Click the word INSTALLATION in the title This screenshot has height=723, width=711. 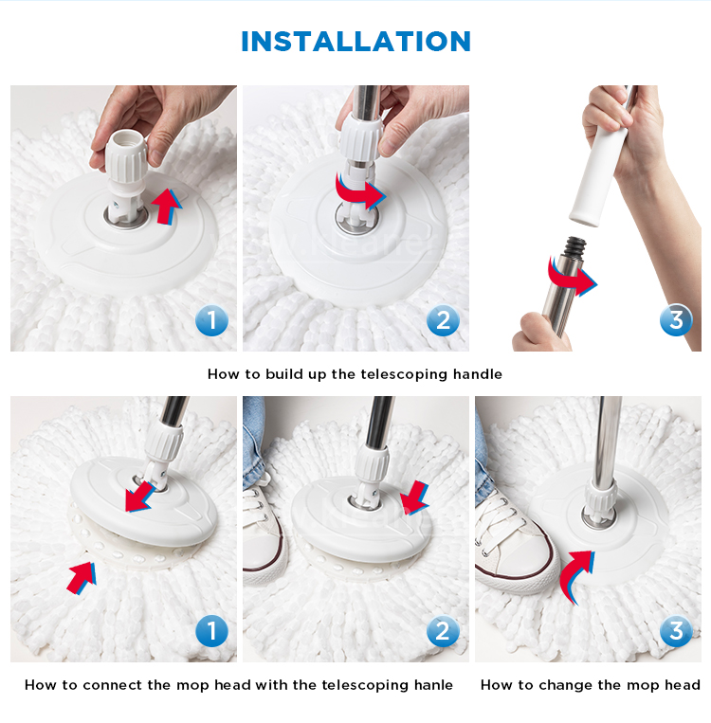click(x=355, y=42)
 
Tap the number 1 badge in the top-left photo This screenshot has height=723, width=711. click(x=211, y=320)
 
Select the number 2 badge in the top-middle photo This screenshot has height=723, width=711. click(x=443, y=320)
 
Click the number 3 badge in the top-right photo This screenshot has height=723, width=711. click(x=676, y=319)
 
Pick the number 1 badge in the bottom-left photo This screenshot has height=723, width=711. click(x=211, y=631)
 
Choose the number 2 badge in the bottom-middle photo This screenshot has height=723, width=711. click(x=443, y=631)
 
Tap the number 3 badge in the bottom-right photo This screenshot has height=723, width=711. click(x=676, y=631)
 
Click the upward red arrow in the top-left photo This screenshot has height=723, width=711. click(x=167, y=208)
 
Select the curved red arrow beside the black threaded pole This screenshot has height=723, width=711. click(x=573, y=277)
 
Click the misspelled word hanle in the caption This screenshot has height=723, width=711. click(x=433, y=685)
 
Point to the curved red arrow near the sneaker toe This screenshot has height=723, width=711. click(x=575, y=574)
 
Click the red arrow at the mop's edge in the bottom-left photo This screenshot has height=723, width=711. click(x=82, y=578)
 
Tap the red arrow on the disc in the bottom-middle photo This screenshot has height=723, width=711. click(x=414, y=498)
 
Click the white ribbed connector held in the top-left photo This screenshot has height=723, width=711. click(x=125, y=159)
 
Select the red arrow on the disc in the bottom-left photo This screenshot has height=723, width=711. click(x=139, y=497)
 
